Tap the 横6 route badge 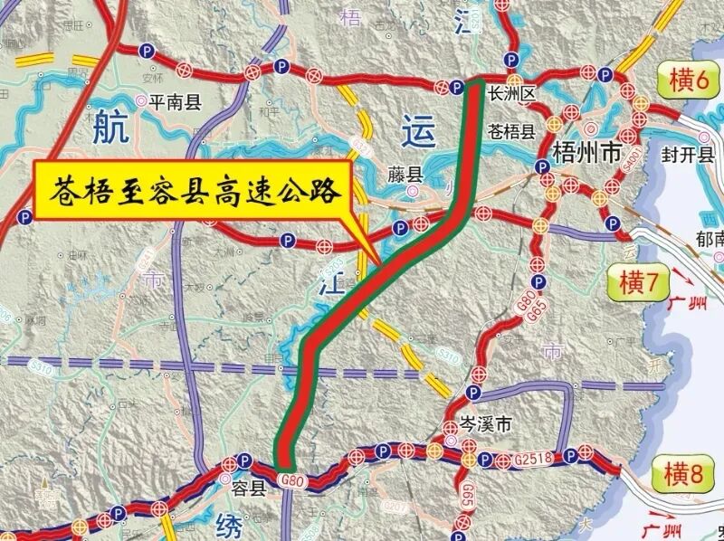[x=688, y=81]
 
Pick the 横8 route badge [x=680, y=473]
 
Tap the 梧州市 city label [x=586, y=155]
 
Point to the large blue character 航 [x=110, y=127]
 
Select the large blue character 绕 [x=230, y=524]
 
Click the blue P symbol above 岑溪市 [x=472, y=392]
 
